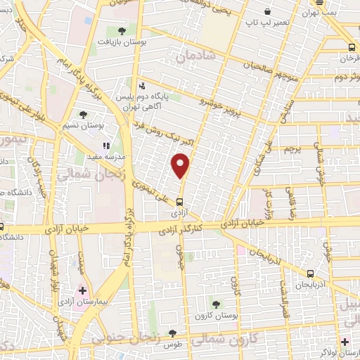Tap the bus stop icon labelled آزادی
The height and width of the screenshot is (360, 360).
178,200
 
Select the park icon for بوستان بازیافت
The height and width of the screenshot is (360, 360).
123,31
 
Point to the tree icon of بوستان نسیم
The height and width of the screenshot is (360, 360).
83,114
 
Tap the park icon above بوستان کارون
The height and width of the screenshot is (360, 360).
216,304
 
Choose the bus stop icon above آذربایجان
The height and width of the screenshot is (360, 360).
310,274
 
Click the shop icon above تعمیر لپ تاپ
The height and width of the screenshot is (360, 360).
268,12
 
